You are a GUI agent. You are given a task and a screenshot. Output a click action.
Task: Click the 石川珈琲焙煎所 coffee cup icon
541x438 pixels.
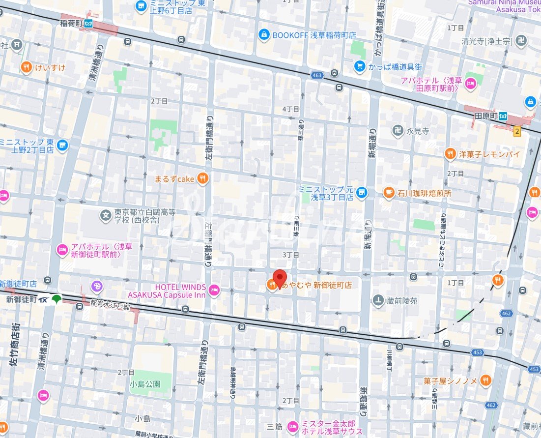(389, 193)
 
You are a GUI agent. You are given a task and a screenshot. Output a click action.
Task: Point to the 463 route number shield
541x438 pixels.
(317, 76)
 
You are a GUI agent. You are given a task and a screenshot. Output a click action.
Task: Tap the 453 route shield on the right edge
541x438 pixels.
(535, 369)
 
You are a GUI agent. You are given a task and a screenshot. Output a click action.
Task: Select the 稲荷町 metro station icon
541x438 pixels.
(89, 23)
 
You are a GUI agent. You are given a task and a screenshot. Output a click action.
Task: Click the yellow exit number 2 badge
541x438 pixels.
(516, 131)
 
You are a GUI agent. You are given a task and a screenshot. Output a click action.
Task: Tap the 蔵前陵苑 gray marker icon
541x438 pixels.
(378, 300)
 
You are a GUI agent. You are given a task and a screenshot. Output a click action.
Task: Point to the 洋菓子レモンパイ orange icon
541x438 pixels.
(450, 154)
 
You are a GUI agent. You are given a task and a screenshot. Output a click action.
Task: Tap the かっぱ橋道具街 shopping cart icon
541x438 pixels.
(360, 66)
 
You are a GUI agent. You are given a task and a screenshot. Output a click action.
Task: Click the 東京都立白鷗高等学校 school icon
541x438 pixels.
(105, 215)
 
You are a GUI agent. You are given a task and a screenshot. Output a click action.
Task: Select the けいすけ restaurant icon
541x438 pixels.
(26, 67)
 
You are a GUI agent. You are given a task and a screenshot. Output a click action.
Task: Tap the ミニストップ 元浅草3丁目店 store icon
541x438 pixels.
(362, 193)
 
